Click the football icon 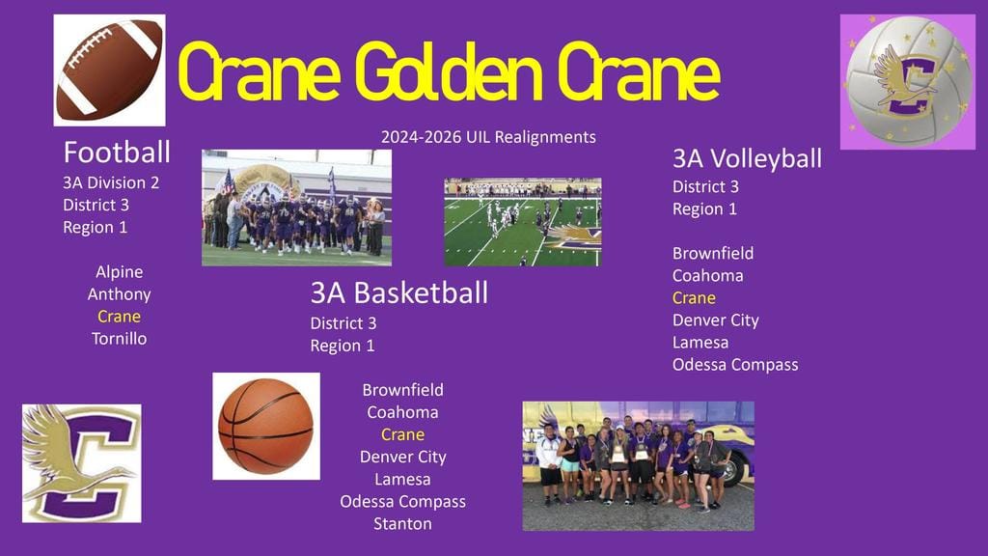click(110, 69)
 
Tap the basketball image click(266, 426)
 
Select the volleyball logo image click(907, 82)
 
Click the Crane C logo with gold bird click(82, 463)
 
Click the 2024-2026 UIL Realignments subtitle click(488, 137)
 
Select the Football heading click(117, 153)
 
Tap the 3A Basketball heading click(398, 292)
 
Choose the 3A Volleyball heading click(747, 159)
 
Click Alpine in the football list click(119, 271)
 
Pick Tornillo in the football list click(119, 339)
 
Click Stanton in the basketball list click(402, 524)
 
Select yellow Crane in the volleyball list click(694, 298)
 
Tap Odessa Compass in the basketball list click(402, 502)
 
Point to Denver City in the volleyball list click(715, 320)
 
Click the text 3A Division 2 click(111, 182)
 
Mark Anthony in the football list click(119, 294)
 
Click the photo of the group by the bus click(639, 466)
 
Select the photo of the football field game click(523, 222)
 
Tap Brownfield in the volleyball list click(713, 254)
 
